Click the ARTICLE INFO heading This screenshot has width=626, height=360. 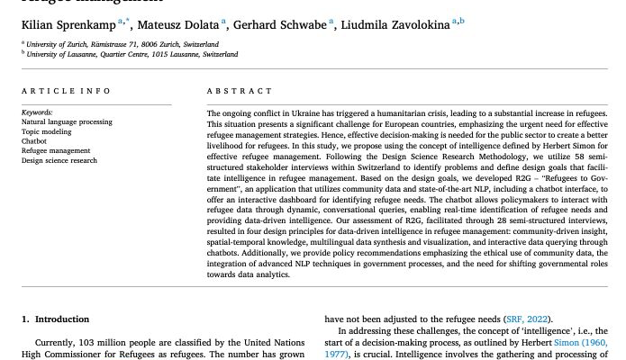[x=66, y=91]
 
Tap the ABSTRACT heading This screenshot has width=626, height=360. [x=239, y=91]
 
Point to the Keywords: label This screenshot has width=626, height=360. [x=37, y=112]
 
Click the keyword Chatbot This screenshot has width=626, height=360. [x=34, y=140]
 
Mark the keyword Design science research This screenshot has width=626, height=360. [x=59, y=160]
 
